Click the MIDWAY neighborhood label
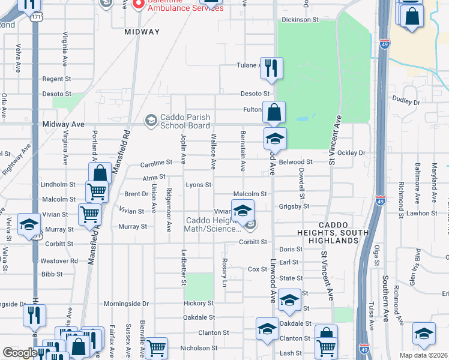tap(142, 32)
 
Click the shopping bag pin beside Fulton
tap(274, 112)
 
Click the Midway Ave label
tap(64, 124)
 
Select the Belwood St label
tap(296, 162)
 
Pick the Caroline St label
tap(156, 163)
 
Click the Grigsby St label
tap(294, 206)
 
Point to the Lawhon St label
tap(421, 213)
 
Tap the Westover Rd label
tap(59, 261)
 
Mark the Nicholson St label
tap(198, 348)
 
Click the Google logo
tap(20, 353)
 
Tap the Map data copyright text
tap(423, 355)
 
